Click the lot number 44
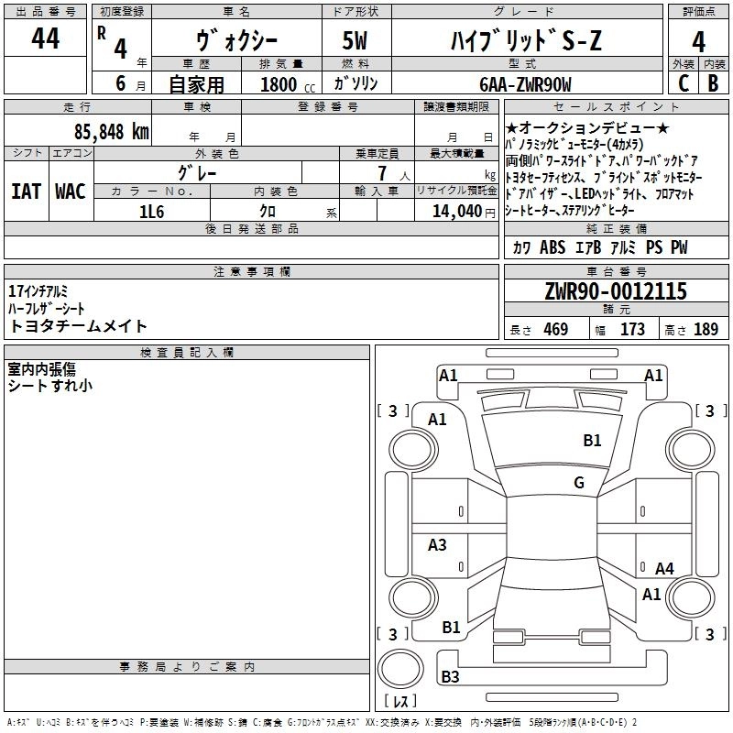point(45,39)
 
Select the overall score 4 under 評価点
point(698,42)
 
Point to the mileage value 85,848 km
point(114,131)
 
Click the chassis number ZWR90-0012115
point(616,292)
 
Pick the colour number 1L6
point(152,212)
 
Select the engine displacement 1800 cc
point(279,85)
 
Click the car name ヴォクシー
point(234,40)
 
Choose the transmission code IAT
point(26,191)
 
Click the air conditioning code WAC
point(71,191)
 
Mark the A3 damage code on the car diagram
point(438,545)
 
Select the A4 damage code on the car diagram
point(664,569)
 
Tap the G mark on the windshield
point(579,483)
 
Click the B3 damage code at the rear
point(450,677)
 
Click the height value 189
point(706,330)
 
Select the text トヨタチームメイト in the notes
point(78,326)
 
